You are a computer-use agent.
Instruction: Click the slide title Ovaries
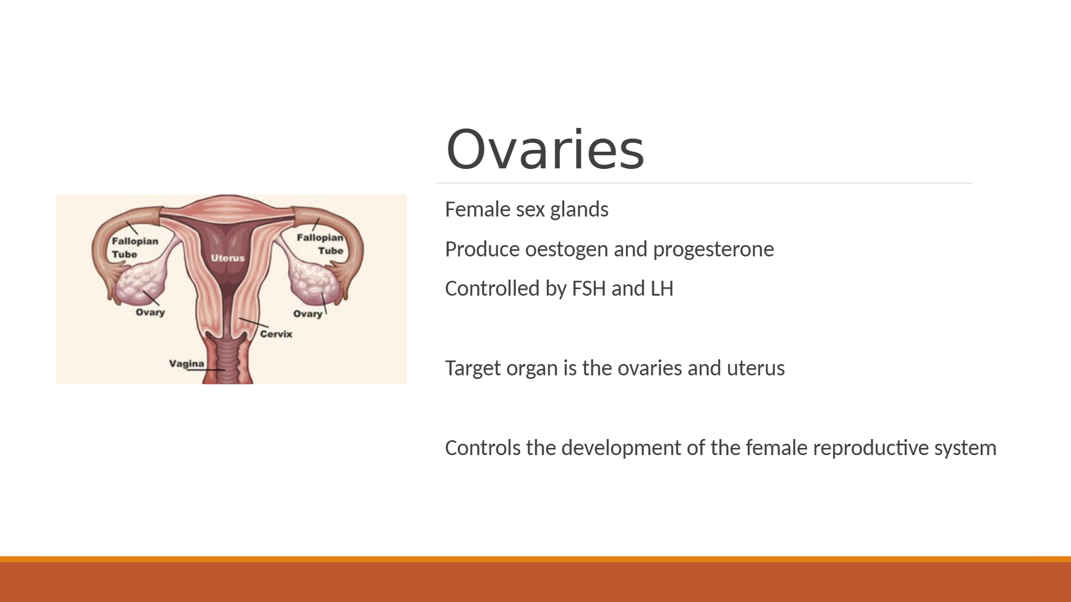[545, 149]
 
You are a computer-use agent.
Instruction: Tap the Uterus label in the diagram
[228, 258]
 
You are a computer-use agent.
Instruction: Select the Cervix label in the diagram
[276, 334]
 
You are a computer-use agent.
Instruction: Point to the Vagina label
[186, 363]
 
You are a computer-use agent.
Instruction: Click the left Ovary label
[150, 312]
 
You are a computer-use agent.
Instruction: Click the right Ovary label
[308, 314]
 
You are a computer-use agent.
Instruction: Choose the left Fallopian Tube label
[135, 247]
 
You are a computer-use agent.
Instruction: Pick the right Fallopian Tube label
[320, 244]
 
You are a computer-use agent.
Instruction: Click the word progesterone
[713, 250]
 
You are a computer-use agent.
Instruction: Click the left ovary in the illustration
[141, 284]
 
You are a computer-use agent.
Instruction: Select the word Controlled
[492, 289]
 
